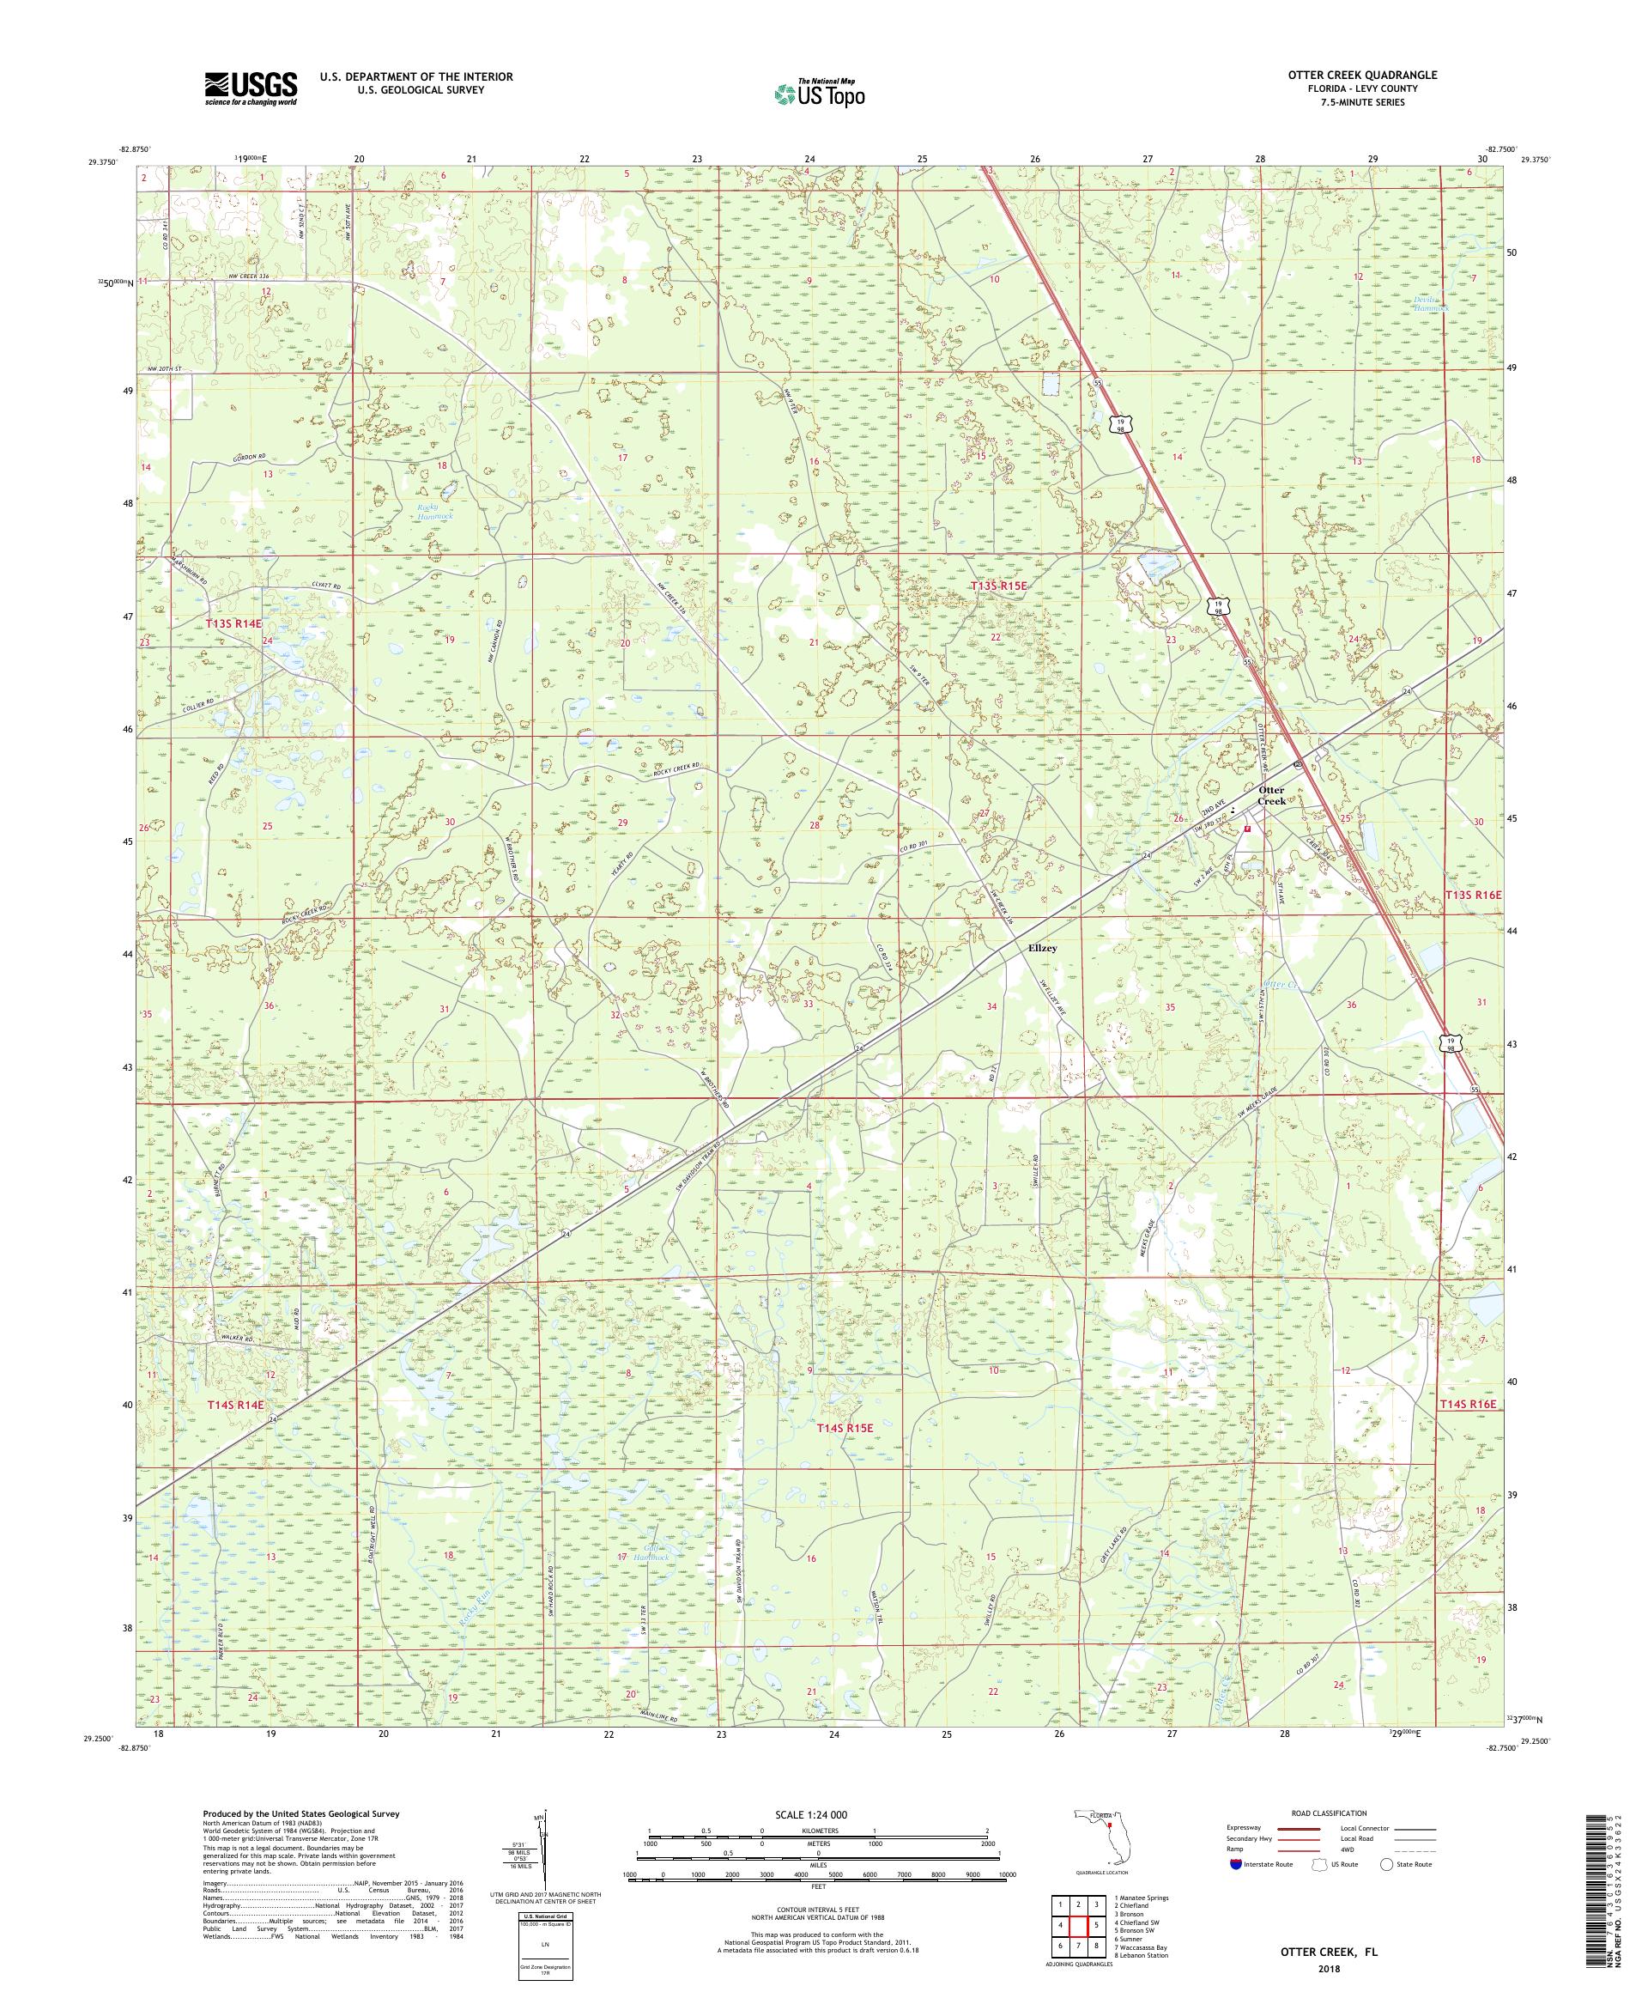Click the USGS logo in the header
251,88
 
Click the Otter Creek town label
1269,795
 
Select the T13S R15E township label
997,587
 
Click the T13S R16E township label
1473,895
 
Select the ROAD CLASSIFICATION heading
1330,1838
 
